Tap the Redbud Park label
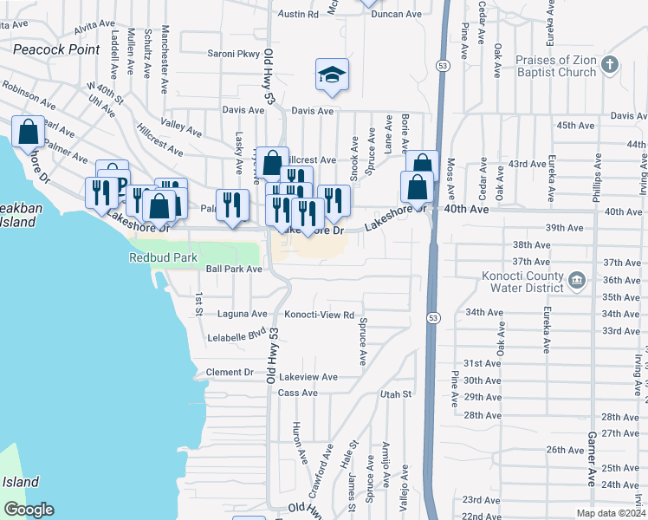click(163, 257)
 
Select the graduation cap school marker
click(332, 76)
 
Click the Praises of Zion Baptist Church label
click(556, 67)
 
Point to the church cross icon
click(610, 64)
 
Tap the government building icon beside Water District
click(577, 279)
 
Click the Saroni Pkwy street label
click(233, 54)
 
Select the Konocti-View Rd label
click(320, 315)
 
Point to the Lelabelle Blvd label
click(237, 334)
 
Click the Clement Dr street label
click(230, 373)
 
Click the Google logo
click(29, 510)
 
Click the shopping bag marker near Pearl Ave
click(28, 133)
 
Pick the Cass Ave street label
click(297, 393)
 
